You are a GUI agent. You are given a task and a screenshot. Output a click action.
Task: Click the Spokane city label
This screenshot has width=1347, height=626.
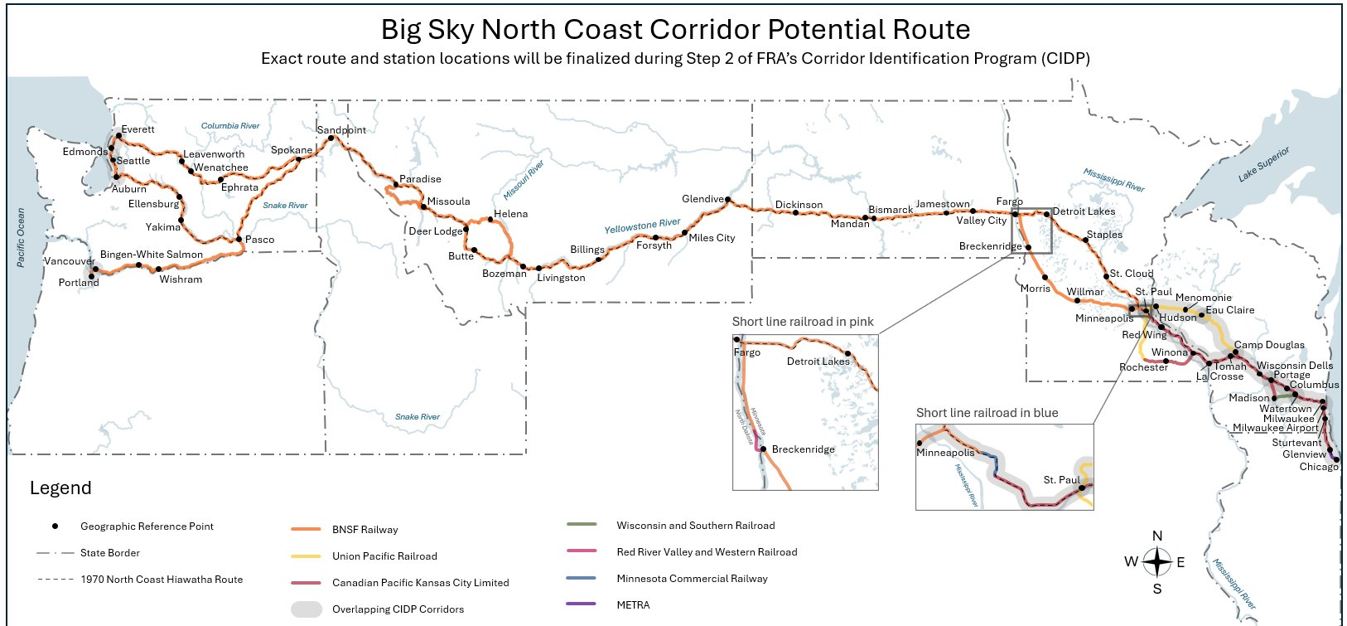[291, 150]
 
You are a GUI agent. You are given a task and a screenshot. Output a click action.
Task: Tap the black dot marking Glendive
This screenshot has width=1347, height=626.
[727, 200]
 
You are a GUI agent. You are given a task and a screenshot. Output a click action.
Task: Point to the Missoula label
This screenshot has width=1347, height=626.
[448, 201]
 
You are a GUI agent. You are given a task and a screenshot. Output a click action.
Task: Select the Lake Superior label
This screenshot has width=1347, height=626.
[1263, 164]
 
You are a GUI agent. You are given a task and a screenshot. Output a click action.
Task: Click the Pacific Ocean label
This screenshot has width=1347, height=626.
[22, 237]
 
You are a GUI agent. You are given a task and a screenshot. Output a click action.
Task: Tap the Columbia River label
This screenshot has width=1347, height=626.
[230, 126]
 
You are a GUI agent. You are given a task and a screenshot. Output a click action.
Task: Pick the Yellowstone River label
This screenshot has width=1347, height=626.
[642, 226]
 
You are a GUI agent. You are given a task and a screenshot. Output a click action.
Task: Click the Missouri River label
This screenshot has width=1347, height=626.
[524, 180]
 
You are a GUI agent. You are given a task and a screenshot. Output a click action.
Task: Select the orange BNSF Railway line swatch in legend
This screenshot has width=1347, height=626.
[306, 529]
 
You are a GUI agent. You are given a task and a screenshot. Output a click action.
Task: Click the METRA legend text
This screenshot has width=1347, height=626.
[633, 605]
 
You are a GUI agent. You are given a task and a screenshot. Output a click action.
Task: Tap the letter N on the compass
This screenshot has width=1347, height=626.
[1157, 536]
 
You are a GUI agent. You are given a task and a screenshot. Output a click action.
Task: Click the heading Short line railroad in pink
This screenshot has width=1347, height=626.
[802, 322]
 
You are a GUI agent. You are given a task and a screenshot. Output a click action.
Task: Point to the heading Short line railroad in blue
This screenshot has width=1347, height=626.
[987, 413]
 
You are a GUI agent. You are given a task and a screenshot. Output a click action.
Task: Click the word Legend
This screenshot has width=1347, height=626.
[60, 488]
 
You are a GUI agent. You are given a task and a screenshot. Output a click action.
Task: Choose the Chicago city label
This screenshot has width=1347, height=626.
[1318, 467]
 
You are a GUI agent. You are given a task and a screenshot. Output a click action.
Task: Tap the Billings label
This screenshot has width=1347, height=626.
[587, 250]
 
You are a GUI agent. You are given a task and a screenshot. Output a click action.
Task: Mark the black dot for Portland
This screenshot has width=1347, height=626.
[92, 276]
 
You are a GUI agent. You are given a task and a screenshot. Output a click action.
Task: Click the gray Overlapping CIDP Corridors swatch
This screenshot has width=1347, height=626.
[306, 609]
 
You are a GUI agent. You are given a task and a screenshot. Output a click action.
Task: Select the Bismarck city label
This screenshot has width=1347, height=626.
[890, 210]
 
